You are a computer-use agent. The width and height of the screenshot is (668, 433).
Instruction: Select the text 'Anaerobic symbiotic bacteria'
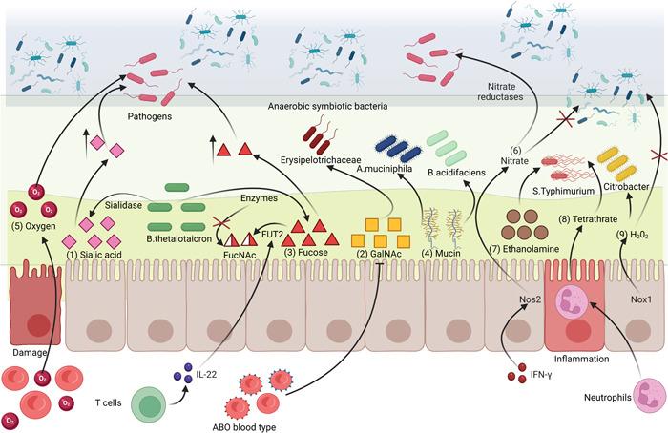329,107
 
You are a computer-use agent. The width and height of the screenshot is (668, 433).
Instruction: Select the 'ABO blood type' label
245,426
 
